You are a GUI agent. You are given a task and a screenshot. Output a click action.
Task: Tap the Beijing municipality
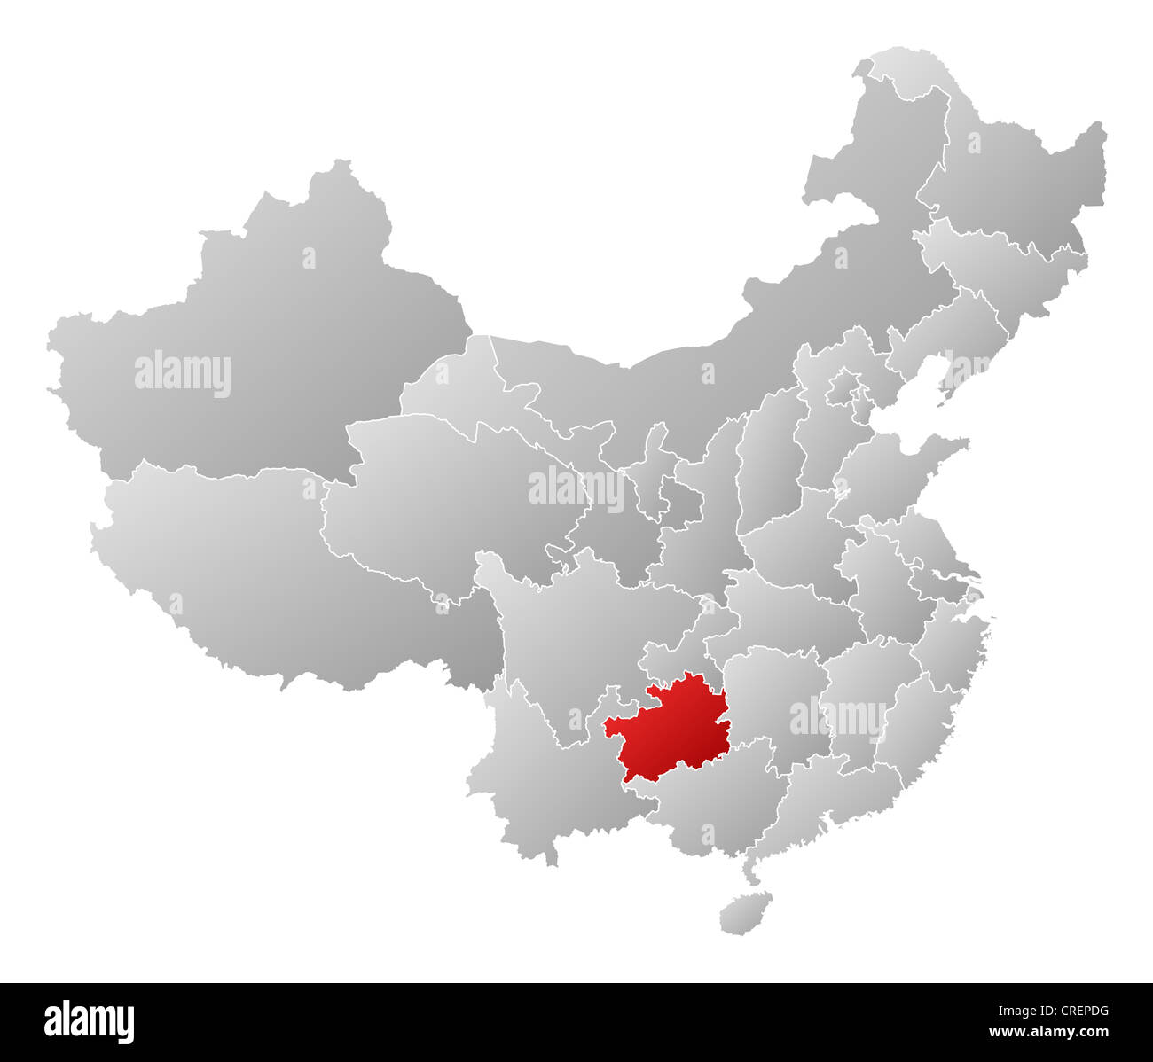(843, 390)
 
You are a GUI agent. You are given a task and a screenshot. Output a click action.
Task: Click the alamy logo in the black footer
(89, 1021)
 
